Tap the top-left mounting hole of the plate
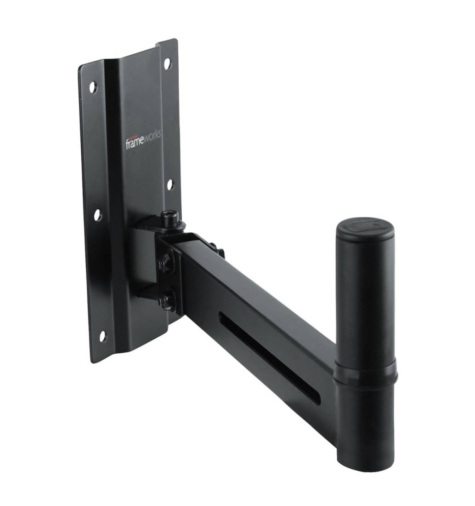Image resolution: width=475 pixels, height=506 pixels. [93, 86]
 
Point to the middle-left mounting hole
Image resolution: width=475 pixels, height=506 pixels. [97, 214]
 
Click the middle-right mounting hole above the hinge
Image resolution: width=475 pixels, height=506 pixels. [170, 184]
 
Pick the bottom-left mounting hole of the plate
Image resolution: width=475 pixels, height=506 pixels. [102, 336]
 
